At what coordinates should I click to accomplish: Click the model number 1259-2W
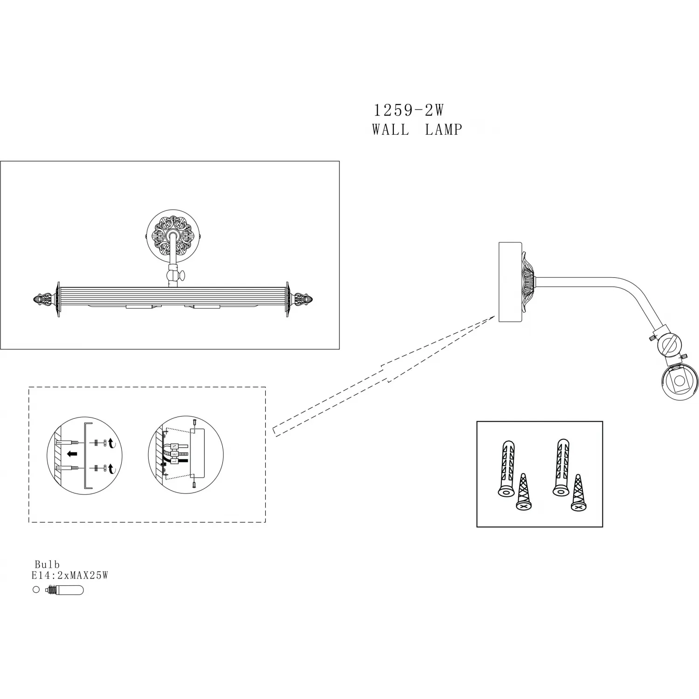click(409, 110)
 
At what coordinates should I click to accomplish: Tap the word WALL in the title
click(391, 129)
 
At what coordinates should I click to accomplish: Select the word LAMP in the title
click(443, 129)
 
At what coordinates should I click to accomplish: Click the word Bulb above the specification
click(47, 565)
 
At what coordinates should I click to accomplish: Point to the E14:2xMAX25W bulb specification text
click(70, 576)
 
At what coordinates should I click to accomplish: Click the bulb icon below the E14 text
click(64, 590)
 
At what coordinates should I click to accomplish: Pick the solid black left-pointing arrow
click(72, 454)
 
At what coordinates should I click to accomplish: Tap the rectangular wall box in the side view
click(510, 281)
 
